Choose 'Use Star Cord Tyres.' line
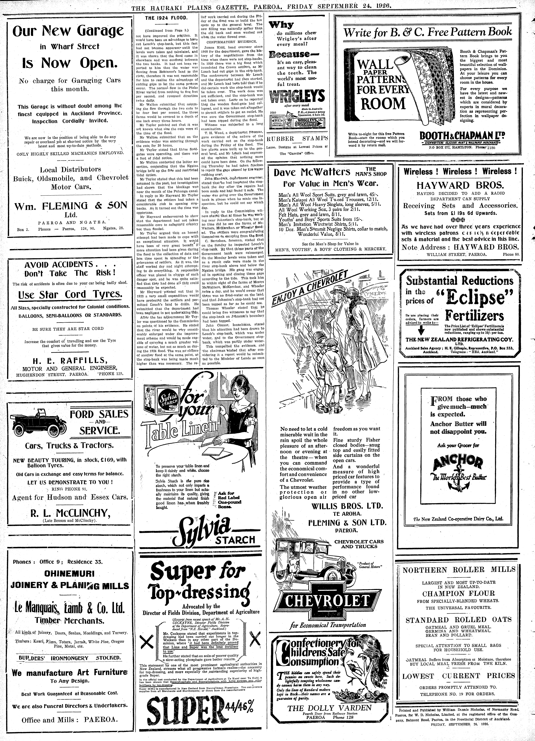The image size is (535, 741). (x=71, y=295)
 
